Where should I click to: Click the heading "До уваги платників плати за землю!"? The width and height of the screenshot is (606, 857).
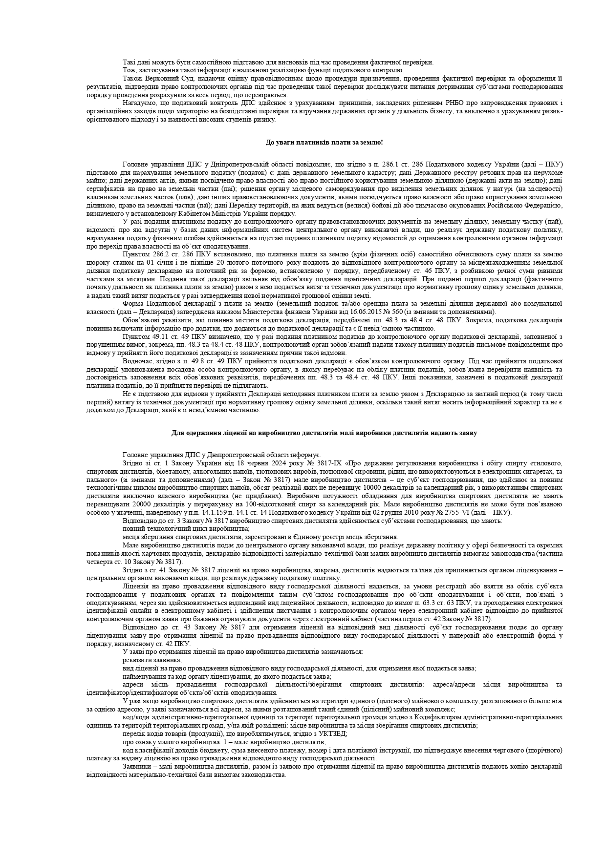pos(324,142)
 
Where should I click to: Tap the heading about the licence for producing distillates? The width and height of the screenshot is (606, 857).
pos(324,433)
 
